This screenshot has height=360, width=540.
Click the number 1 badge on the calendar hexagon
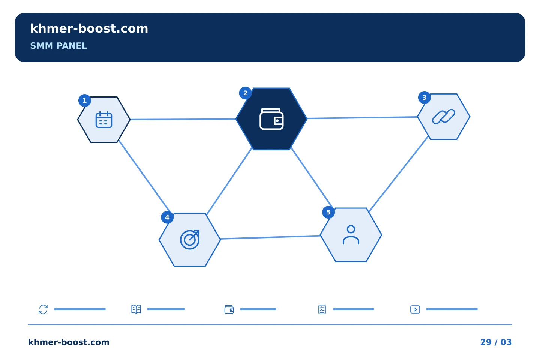pos(85,100)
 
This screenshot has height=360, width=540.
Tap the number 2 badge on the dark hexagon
pos(245,93)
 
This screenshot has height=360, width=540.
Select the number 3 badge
pos(424,97)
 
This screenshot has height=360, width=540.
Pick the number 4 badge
pos(167,217)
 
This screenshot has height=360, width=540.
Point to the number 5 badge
pos(328,212)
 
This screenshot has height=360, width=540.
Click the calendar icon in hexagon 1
pos(104,120)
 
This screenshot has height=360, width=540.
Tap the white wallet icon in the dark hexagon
pos(271,119)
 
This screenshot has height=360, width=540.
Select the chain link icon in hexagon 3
pos(444,117)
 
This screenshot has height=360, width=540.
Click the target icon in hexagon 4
pos(190,240)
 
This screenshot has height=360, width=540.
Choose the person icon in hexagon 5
pos(351,235)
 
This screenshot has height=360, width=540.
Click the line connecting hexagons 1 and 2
pos(183,119)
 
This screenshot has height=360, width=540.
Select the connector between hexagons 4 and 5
pos(270,237)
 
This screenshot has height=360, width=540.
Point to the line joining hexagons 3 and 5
pos(399,174)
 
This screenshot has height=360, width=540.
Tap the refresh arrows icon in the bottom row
pos(43,309)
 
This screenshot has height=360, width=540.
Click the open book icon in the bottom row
pos(136,309)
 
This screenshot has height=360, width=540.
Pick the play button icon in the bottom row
pos(415,309)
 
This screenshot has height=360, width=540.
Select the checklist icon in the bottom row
pos(322,309)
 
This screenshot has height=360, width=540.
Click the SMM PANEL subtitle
pos(58,46)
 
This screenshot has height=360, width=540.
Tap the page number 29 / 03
pos(496,342)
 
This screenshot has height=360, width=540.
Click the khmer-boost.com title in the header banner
pos(89,28)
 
